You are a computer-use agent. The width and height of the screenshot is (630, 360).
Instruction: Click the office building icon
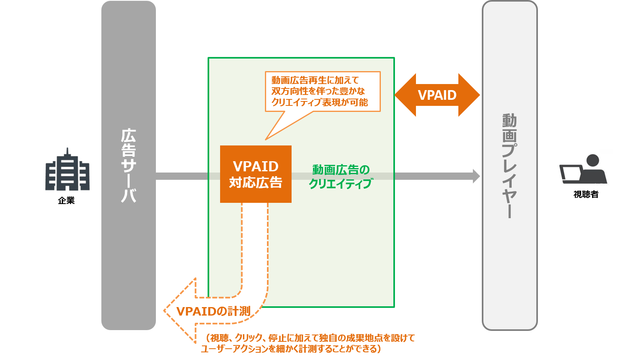click(x=67, y=169)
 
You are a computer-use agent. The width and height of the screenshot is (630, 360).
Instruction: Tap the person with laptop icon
click(x=583, y=167)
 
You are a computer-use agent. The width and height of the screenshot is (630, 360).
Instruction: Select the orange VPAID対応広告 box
click(x=256, y=174)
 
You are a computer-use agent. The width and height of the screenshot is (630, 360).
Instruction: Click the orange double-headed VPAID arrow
click(x=437, y=95)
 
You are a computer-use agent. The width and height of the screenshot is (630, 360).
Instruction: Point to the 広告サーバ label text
click(x=128, y=166)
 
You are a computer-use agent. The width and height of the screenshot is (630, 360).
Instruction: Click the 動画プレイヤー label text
click(x=510, y=166)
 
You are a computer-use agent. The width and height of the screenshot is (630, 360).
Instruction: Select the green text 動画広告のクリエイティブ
click(x=340, y=176)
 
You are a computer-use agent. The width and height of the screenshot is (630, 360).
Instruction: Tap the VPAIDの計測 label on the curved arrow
click(x=213, y=311)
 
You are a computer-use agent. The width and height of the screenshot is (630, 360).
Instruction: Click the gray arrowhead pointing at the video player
click(x=477, y=176)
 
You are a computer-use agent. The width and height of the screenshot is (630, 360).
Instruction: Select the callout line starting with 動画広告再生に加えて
click(x=315, y=80)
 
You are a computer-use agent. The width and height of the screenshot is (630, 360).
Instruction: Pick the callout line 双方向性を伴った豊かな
click(x=318, y=91)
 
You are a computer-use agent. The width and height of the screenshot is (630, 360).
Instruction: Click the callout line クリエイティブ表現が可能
click(x=319, y=103)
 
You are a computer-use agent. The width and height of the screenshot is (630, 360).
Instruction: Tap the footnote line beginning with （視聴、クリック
click(x=310, y=338)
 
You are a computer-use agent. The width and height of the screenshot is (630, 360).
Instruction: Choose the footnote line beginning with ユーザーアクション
click(x=291, y=349)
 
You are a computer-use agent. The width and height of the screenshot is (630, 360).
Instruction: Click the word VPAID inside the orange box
click(x=256, y=166)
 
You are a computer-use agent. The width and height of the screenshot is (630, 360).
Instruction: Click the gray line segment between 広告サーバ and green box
click(x=182, y=176)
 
